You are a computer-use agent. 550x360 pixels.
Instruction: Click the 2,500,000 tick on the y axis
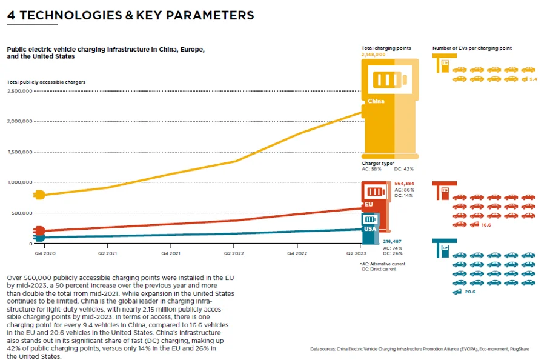click(x=19, y=91)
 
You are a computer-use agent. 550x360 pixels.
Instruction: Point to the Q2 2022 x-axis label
click(x=233, y=251)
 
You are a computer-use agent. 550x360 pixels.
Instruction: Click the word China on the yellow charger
click(x=376, y=101)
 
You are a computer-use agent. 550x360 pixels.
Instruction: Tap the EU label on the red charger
click(x=369, y=204)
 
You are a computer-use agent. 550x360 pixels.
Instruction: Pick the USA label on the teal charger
click(x=369, y=229)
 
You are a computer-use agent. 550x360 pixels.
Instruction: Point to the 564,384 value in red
click(x=404, y=183)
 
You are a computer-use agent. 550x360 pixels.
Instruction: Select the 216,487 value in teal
click(x=393, y=241)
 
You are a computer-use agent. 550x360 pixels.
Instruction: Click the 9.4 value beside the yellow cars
click(x=533, y=79)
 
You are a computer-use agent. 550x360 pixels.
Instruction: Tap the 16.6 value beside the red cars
click(x=485, y=225)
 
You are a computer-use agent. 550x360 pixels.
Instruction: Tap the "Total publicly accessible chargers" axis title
click(x=46, y=82)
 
